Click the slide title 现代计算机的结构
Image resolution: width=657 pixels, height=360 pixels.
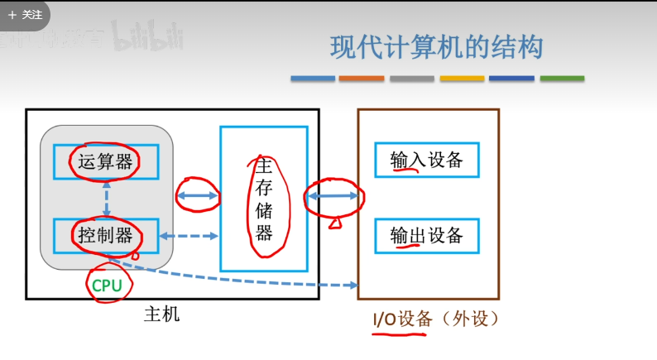(436, 47)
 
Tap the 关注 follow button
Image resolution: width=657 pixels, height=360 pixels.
(26, 14)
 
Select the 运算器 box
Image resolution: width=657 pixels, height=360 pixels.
(106, 161)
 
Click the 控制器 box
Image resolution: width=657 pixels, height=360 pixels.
(106, 235)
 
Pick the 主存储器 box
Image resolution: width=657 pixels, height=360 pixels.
(264, 199)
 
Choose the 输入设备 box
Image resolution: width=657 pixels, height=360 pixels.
(426, 160)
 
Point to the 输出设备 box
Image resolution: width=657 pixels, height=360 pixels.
(426, 236)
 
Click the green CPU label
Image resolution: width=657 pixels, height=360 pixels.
(107, 286)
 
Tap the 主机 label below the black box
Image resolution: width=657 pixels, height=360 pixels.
(161, 314)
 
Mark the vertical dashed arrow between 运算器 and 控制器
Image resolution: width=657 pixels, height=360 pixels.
(107, 199)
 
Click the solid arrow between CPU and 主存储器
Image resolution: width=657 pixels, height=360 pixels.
(198, 196)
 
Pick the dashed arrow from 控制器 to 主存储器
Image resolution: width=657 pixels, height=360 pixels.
(190, 236)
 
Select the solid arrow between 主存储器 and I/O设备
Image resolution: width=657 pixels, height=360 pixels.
(333, 196)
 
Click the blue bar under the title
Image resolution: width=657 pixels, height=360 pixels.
(313, 79)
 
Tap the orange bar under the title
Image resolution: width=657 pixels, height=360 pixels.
(362, 79)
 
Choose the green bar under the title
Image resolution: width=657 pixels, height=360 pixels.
(562, 79)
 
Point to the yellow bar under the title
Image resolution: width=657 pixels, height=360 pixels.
(462, 79)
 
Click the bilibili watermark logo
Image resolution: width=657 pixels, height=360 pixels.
(147, 36)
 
